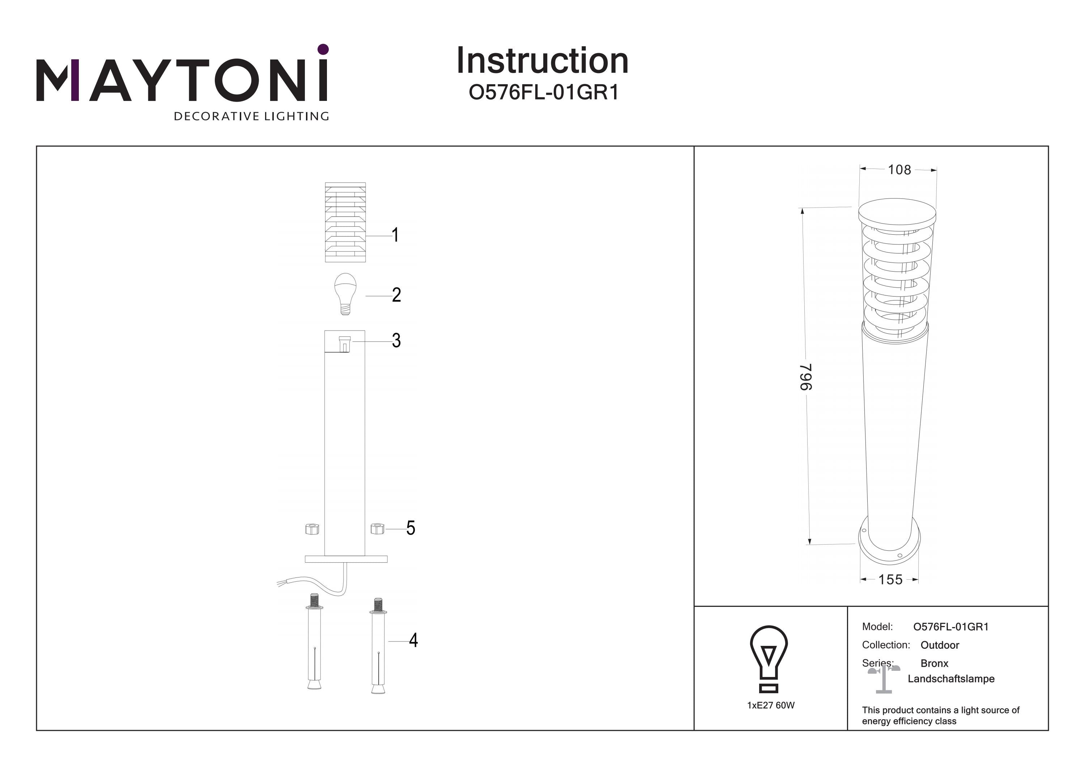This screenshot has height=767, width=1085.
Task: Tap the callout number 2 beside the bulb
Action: [x=396, y=295]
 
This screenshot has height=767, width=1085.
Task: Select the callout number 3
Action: [x=396, y=340]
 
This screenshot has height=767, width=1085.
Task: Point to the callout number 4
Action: [x=413, y=640]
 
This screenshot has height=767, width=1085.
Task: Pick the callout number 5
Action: [x=410, y=528]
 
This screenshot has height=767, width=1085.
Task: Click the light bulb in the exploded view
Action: [x=345, y=293]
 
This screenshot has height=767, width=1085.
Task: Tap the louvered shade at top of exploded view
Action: [x=345, y=222]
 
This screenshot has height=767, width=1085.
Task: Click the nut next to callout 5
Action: [x=377, y=528]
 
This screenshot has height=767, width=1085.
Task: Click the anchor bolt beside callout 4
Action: [x=378, y=645]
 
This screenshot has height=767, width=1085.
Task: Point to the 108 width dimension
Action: [x=899, y=170]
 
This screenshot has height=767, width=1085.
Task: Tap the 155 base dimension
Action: [x=890, y=579]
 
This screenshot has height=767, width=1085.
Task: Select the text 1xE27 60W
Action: [x=771, y=705]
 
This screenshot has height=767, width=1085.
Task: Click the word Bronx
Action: [x=934, y=664]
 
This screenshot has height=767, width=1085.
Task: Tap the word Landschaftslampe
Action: [x=951, y=679]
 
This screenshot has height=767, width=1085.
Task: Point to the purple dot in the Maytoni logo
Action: [x=323, y=49]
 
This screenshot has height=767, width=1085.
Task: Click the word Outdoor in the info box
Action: [x=940, y=645]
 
